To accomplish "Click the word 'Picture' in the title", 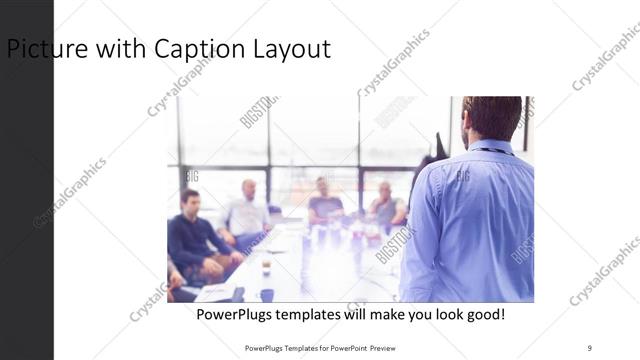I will click(41, 48).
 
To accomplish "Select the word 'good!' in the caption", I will click(484, 314).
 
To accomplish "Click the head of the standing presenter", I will click(491, 118).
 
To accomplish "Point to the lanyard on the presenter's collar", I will click(490, 151).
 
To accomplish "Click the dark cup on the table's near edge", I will click(266, 294).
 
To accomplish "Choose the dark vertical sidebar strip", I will click(26, 200).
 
